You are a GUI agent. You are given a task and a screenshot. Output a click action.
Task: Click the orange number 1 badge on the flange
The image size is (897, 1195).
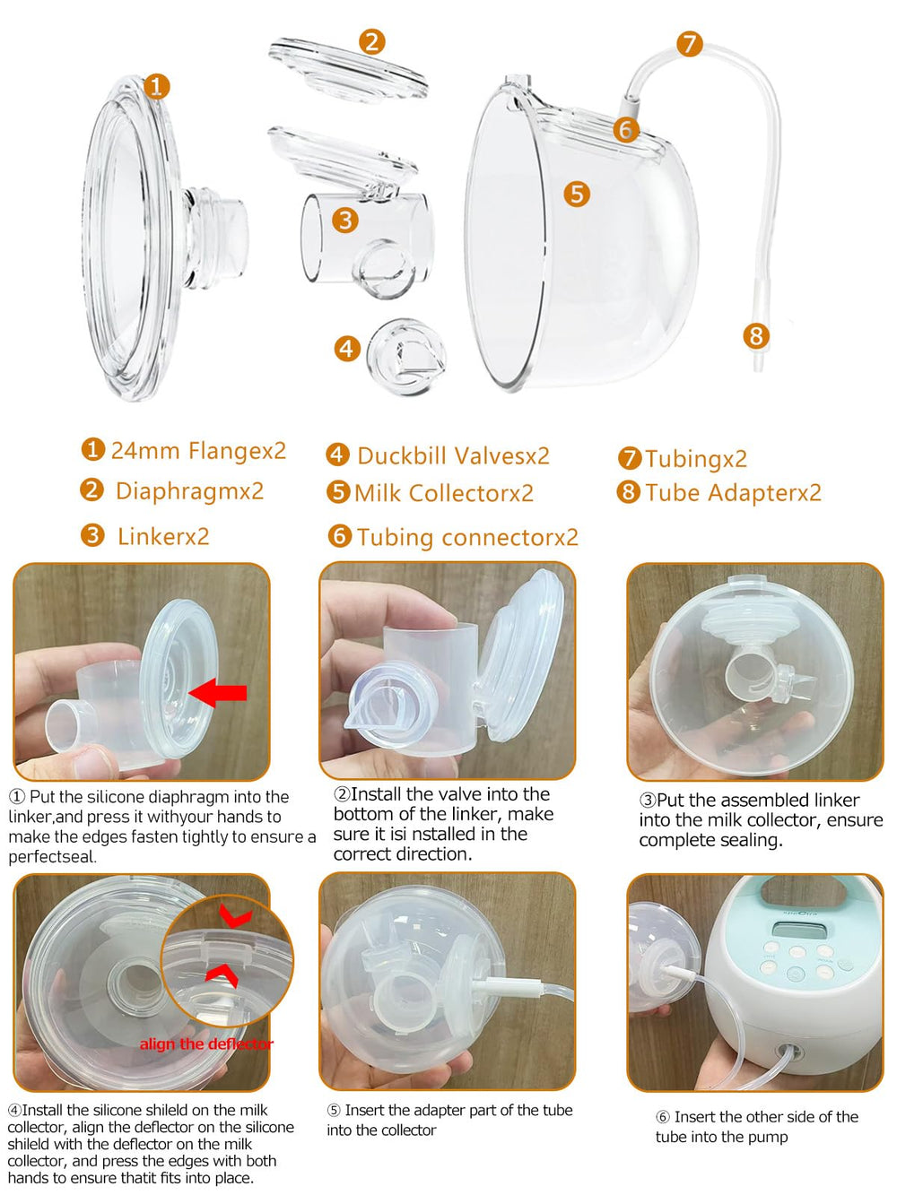pyautogui.click(x=156, y=86)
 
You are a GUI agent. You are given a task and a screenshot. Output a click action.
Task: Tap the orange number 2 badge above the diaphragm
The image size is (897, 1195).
pyautogui.click(x=371, y=41)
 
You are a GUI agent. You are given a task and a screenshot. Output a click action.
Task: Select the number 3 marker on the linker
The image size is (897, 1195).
pyautogui.click(x=344, y=220)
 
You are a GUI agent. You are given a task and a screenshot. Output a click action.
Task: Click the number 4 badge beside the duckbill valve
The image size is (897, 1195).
pyautogui.click(x=347, y=348)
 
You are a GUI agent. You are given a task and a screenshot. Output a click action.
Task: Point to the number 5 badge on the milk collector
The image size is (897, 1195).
pyautogui.click(x=577, y=194)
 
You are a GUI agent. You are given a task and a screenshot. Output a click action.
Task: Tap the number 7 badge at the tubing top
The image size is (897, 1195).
pyautogui.click(x=689, y=44)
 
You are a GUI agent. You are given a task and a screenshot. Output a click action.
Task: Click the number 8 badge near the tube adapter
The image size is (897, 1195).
pyautogui.click(x=756, y=336)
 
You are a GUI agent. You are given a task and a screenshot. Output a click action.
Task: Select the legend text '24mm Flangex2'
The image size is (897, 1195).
pyautogui.click(x=197, y=450)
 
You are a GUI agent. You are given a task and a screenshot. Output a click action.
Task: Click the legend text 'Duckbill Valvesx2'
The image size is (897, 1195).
pyautogui.click(x=453, y=455)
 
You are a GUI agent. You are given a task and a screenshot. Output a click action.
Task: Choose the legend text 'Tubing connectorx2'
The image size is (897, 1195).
pyautogui.click(x=466, y=537)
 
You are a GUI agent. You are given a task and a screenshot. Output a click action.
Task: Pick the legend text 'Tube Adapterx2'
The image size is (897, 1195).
pyautogui.click(x=732, y=492)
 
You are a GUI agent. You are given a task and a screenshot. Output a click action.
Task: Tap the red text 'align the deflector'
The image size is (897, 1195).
pyautogui.click(x=206, y=1043)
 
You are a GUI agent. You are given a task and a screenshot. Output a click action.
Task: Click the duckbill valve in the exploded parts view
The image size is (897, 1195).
pyautogui.click(x=406, y=356)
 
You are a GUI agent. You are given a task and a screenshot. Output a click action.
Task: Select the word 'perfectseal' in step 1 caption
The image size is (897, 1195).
pyautogui.click(x=52, y=856)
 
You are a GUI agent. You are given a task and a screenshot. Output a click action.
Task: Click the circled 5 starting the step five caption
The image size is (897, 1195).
pyautogui.click(x=334, y=1111)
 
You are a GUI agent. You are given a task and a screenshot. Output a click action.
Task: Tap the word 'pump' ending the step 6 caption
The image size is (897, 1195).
pyautogui.click(x=768, y=1137)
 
